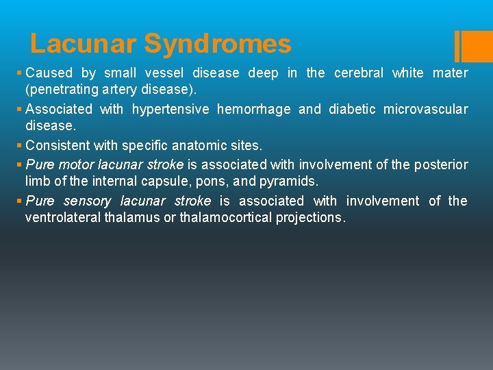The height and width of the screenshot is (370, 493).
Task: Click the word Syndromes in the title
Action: coord(217,45)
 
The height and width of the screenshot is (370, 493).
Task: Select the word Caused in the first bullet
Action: coord(49,73)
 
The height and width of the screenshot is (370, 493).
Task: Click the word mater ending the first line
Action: coord(452,73)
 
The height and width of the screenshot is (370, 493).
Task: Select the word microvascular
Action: coord(425,110)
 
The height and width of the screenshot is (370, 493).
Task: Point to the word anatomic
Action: coord(181,146)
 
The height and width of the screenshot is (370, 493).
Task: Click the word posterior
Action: coord(443,164)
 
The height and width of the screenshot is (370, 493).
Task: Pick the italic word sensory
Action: coord(87,201)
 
